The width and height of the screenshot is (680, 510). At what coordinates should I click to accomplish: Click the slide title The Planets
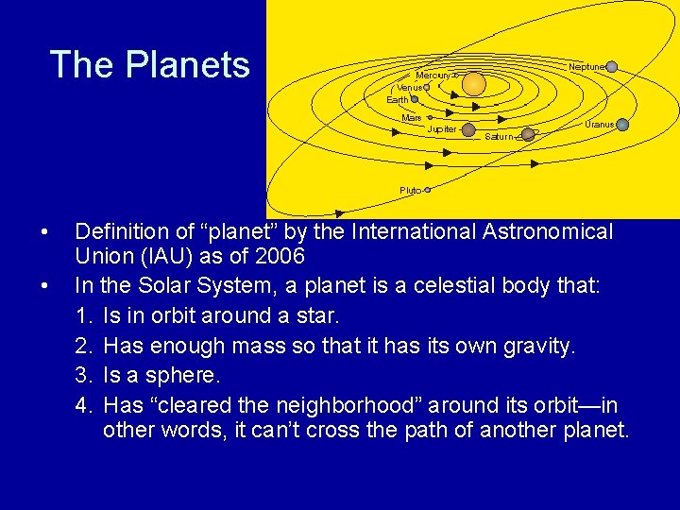click(x=149, y=65)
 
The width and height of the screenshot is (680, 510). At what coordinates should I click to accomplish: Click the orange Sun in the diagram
click(x=474, y=85)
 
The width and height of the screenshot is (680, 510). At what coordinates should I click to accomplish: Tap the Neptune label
click(x=586, y=67)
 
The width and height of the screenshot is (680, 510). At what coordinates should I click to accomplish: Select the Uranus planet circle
click(x=622, y=125)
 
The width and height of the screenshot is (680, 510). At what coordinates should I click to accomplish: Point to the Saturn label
click(x=499, y=137)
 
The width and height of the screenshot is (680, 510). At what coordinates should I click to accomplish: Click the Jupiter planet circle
click(x=468, y=129)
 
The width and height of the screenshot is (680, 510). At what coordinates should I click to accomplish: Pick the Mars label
click(x=411, y=118)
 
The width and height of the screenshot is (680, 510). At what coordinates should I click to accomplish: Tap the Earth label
click(x=398, y=99)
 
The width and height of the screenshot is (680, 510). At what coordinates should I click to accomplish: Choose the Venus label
click(x=408, y=87)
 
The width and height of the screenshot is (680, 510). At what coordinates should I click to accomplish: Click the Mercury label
click(x=433, y=75)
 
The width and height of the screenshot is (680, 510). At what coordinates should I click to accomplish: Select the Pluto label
click(x=410, y=190)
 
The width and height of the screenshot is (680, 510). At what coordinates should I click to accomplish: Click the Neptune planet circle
click(x=612, y=67)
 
